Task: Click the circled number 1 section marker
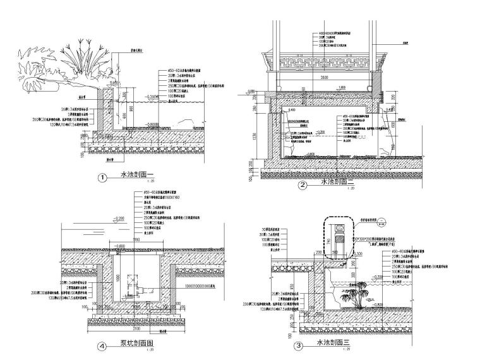(102, 177)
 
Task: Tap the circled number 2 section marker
(303, 185)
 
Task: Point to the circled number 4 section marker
(102, 346)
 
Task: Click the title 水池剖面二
(333, 184)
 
